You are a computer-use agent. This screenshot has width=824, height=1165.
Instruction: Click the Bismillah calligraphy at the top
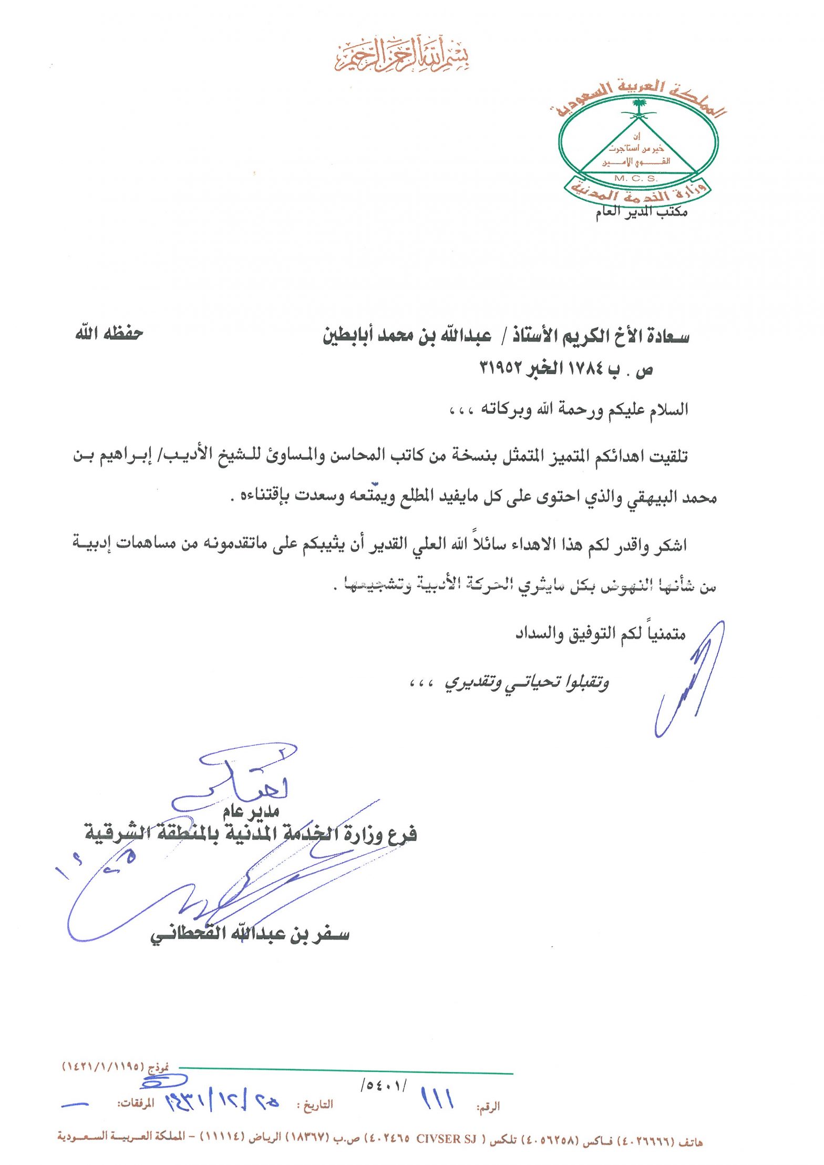pyautogui.click(x=402, y=55)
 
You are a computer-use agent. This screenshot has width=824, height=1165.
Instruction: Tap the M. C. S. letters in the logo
pyautogui.click(x=635, y=178)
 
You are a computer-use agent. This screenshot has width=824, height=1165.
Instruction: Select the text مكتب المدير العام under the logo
pyautogui.click(x=641, y=212)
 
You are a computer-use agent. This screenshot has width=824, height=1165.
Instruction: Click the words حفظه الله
pyautogui.click(x=109, y=333)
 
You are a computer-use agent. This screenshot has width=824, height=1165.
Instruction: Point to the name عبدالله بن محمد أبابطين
pyautogui.click(x=407, y=336)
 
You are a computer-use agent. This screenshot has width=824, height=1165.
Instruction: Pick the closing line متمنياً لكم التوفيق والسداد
pyautogui.click(x=600, y=634)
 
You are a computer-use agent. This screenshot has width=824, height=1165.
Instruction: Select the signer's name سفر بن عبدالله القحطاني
pyautogui.click(x=250, y=934)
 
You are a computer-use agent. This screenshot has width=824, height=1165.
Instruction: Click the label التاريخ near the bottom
pyautogui.click(x=317, y=1105)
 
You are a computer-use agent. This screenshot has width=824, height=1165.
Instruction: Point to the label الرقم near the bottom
pyautogui.click(x=488, y=1106)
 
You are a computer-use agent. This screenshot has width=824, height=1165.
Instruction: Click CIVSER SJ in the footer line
pyautogui.click(x=446, y=1139)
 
